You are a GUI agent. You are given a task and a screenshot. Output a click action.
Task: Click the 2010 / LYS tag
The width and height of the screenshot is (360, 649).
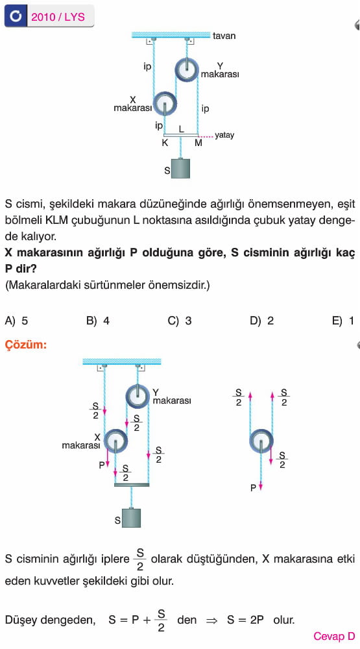(x=58, y=17)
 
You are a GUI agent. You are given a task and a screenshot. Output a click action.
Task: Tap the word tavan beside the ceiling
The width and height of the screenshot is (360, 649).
(x=224, y=36)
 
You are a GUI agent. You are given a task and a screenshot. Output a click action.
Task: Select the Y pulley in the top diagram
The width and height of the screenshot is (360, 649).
(x=187, y=69)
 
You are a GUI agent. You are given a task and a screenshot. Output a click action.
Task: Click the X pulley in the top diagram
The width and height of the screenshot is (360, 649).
(x=165, y=103)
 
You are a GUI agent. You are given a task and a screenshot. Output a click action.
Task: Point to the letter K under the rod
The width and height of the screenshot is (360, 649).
(x=165, y=143)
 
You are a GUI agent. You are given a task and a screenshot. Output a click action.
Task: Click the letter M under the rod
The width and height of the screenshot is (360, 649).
(x=198, y=143)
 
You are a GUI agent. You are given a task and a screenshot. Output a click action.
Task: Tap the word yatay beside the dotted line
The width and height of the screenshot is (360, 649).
(x=224, y=136)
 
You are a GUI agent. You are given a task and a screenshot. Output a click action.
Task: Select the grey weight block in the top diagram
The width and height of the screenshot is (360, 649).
(x=180, y=169)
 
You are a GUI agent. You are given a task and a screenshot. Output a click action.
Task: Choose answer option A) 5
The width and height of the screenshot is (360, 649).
(x=17, y=321)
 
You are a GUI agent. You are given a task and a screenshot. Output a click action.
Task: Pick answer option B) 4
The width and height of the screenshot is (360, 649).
(x=98, y=321)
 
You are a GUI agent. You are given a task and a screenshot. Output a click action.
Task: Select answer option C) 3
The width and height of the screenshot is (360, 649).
(x=180, y=321)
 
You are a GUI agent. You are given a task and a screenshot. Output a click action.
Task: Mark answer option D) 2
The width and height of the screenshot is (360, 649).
(x=262, y=321)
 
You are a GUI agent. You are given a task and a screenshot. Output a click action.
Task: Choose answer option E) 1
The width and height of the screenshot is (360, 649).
(x=343, y=321)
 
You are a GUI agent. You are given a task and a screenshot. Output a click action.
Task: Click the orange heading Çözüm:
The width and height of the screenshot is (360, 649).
(x=26, y=345)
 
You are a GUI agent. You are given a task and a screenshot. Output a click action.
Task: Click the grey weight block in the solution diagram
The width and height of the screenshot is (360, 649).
(x=131, y=518)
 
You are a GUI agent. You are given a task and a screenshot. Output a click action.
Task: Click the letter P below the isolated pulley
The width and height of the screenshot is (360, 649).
(x=253, y=489)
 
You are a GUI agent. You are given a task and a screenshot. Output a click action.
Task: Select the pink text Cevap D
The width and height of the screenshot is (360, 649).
(x=334, y=636)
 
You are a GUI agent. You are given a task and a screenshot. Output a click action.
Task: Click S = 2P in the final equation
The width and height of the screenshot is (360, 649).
(x=245, y=620)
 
